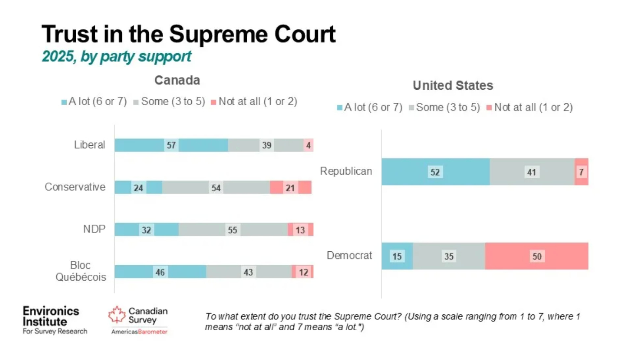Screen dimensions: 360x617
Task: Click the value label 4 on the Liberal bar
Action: pos(308,145)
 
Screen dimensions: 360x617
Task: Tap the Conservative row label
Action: pos(75,187)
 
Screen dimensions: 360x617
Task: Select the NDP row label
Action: pos(94,229)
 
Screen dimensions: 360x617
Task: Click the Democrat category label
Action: pos(349,256)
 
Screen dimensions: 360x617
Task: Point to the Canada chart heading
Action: pos(177,80)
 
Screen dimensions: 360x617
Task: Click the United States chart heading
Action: pos(453,85)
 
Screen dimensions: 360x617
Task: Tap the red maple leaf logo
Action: pos(116,315)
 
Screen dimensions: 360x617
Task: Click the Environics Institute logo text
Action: pos(51,316)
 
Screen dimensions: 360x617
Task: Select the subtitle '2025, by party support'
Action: pos(116,57)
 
